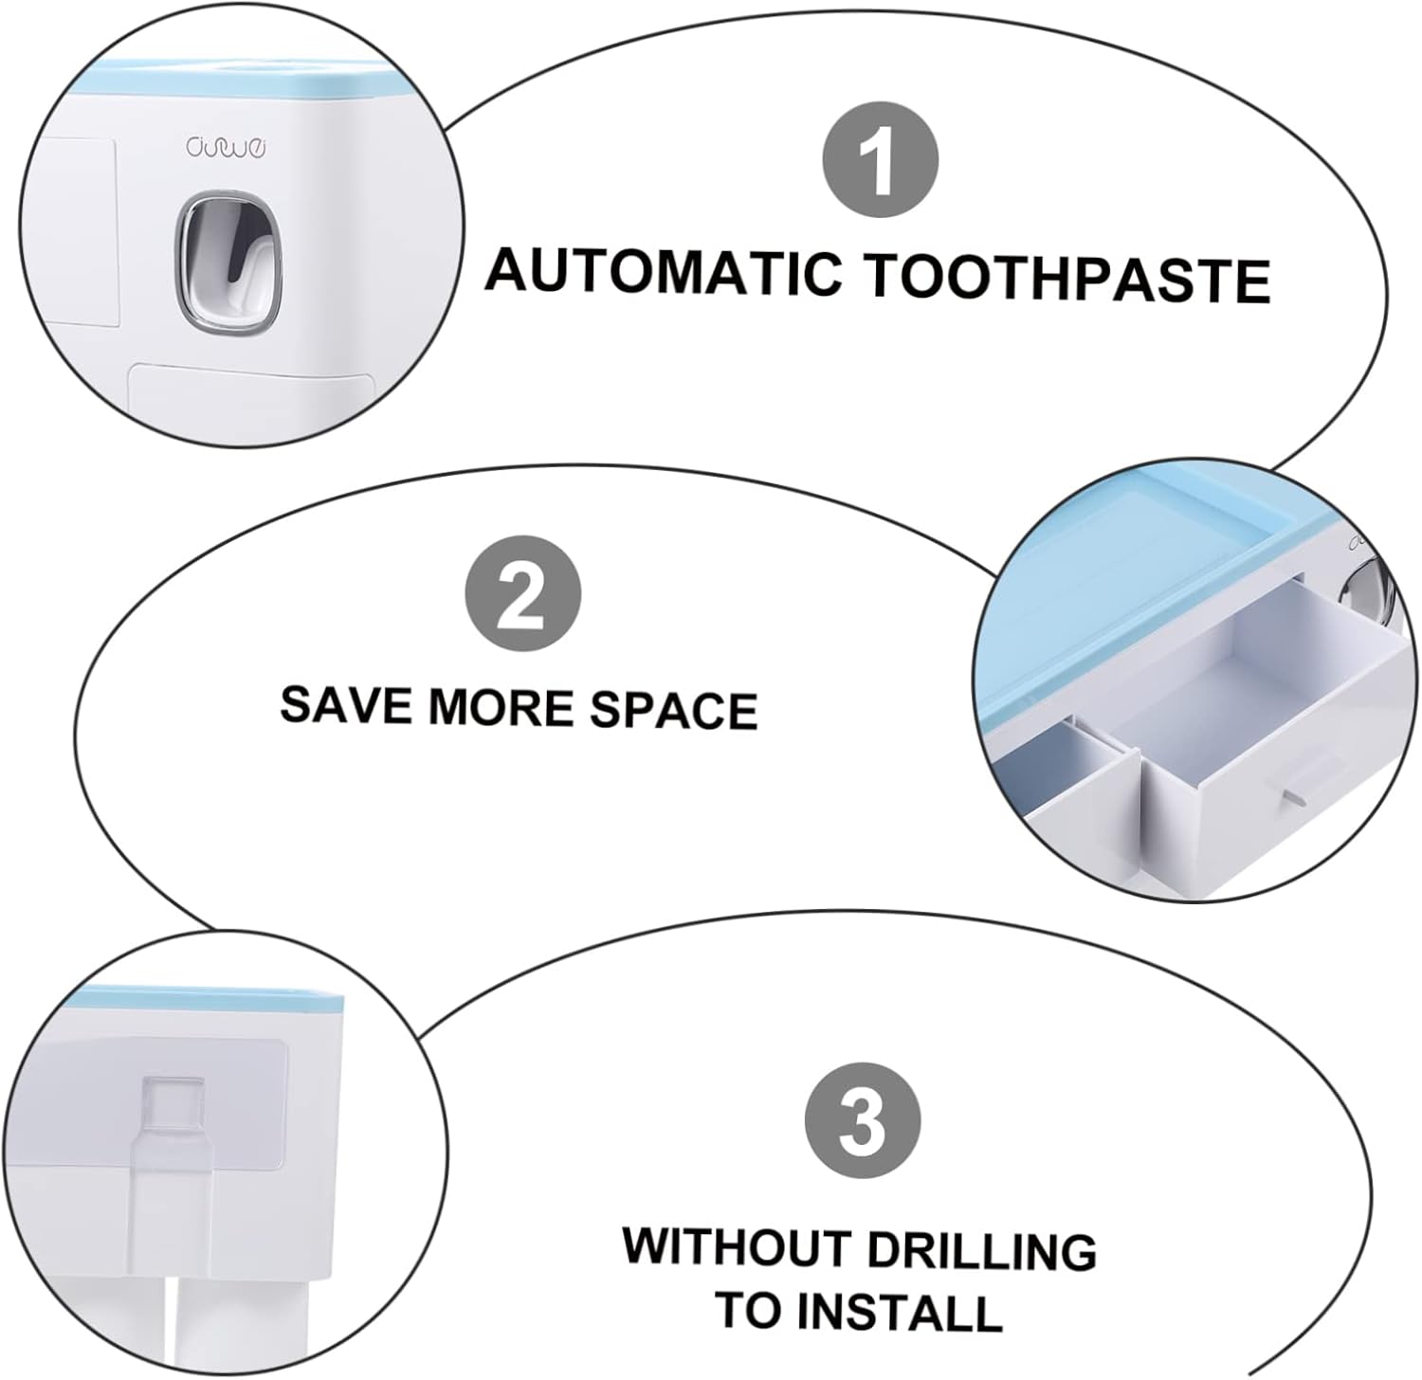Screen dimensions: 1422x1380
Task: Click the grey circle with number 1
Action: tap(881, 162)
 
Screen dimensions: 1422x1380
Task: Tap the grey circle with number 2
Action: tap(521, 599)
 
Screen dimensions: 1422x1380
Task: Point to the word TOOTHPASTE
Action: tap(1068, 279)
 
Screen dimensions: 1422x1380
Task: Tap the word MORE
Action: tap(504, 707)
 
